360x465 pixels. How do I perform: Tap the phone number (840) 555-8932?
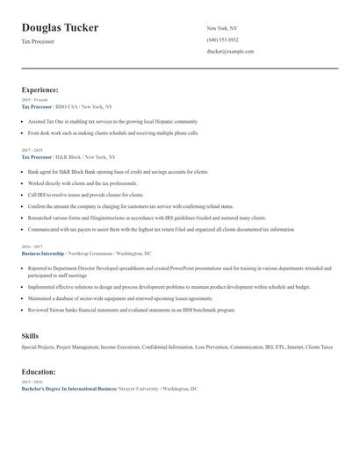coord(222,39)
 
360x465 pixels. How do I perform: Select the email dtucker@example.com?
coord(230,51)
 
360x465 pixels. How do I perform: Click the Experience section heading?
coord(40,89)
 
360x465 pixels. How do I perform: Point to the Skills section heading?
coord(30,336)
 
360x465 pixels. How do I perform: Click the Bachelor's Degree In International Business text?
coord(68,388)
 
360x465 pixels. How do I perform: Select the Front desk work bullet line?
coord(113,132)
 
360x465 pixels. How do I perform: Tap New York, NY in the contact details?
coord(222,28)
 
